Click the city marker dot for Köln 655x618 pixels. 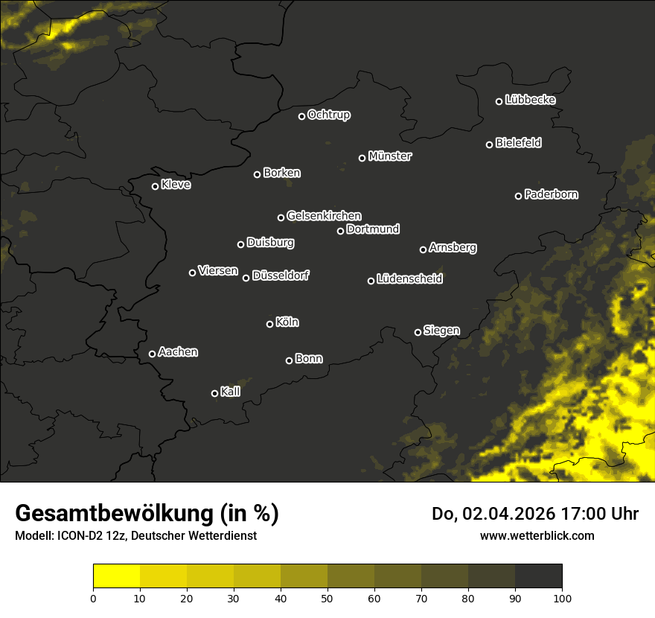pyautogui.click(x=269, y=324)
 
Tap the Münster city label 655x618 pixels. pyautogui.click(x=389, y=156)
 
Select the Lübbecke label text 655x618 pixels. pyautogui.click(x=530, y=100)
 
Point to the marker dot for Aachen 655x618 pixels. pyautogui.click(x=152, y=354)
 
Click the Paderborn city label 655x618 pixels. pyautogui.click(x=551, y=194)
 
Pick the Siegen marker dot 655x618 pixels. pyautogui.click(x=418, y=332)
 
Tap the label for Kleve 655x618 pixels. pyautogui.click(x=176, y=185)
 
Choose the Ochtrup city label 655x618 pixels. pyautogui.click(x=328, y=115)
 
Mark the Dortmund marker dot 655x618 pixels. pyautogui.click(x=340, y=231)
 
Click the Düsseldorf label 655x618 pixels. pyautogui.click(x=281, y=275)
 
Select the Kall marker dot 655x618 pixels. pyautogui.click(x=214, y=393)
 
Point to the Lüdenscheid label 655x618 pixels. pyautogui.click(x=409, y=279)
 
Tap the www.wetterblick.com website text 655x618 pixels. pyautogui.click(x=537, y=535)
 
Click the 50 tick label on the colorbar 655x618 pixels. pyautogui.click(x=327, y=597)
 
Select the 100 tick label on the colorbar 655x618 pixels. pyautogui.click(x=562, y=597)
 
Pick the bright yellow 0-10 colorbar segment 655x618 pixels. pyautogui.click(x=117, y=576)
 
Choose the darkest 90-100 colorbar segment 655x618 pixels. pyautogui.click(x=538, y=576)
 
